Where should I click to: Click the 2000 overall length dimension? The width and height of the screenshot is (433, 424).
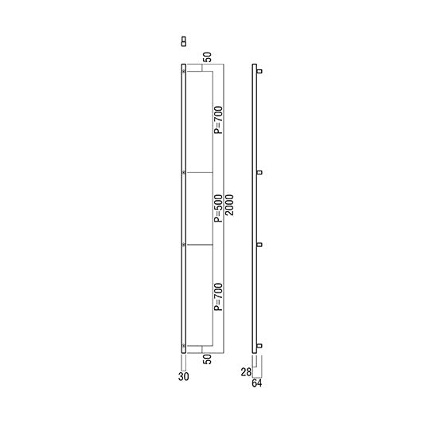pyautogui.click(x=229, y=205)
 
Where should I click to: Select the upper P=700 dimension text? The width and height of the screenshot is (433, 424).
pyautogui.click(x=218, y=120)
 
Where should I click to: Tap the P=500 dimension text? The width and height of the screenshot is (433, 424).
pyautogui.click(x=218, y=209)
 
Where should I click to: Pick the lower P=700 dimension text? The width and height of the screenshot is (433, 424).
pyautogui.click(x=218, y=296)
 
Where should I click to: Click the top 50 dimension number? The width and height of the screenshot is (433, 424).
pyautogui.click(x=208, y=57)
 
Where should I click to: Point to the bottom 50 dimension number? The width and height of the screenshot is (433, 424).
pyautogui.click(x=208, y=359)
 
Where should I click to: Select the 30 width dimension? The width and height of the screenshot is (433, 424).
pyautogui.click(x=183, y=376)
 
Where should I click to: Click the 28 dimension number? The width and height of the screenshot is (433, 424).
pyautogui.click(x=246, y=372)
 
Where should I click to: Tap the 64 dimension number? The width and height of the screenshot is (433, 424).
pyautogui.click(x=257, y=383)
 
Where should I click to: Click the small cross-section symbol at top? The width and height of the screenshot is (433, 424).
pyautogui.click(x=184, y=41)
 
